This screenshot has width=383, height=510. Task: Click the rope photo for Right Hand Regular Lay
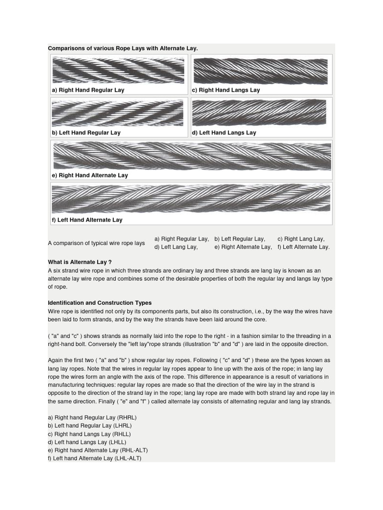click(118, 70)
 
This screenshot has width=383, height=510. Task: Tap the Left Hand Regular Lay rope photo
click(118, 113)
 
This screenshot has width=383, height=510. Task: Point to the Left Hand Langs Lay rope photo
click(260, 113)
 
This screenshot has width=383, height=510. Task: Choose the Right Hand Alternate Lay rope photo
click(192, 156)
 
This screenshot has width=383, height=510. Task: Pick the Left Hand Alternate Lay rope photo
click(191, 199)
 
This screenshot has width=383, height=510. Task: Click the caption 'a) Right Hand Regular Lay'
click(88, 90)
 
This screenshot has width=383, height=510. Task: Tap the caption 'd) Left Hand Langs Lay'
click(224, 132)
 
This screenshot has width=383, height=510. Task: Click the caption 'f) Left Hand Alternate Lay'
click(87, 220)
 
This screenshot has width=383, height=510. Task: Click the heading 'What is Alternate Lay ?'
click(80, 262)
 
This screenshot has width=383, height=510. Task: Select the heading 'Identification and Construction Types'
click(100, 303)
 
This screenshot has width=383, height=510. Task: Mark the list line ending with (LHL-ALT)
click(95, 458)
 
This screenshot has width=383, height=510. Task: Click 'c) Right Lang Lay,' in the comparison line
click(301, 239)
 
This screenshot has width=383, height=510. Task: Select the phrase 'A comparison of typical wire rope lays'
click(96, 243)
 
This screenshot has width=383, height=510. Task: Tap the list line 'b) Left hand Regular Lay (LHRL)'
click(90, 426)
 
